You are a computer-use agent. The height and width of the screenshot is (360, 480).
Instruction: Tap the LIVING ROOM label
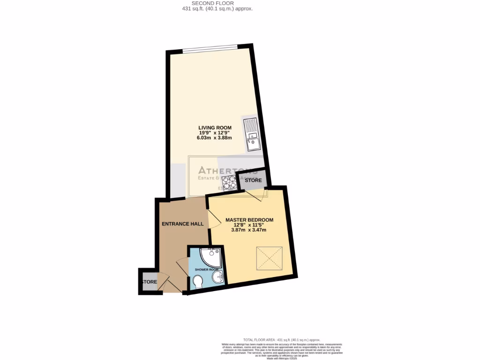click(x=215, y=127)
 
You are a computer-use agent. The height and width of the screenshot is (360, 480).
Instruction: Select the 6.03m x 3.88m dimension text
click(x=215, y=138)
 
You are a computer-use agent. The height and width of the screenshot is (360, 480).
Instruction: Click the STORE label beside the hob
click(x=253, y=180)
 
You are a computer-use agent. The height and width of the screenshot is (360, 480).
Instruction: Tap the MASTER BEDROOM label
click(x=249, y=219)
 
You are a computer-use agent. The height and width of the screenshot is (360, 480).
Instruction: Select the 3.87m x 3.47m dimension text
click(x=248, y=231)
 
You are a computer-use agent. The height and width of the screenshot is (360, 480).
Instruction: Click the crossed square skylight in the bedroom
click(x=269, y=258)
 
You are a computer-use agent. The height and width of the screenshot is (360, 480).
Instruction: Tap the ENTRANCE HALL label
click(x=183, y=224)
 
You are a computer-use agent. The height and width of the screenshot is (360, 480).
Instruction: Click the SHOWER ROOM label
click(x=207, y=270)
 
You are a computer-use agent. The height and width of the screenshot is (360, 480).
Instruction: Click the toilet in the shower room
click(x=198, y=281)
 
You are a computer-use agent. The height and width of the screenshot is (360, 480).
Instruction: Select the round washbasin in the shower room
click(x=217, y=278)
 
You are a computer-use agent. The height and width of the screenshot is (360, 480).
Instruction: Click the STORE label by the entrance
click(x=150, y=282)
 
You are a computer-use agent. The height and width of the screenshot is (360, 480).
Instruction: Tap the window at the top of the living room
click(x=210, y=48)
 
